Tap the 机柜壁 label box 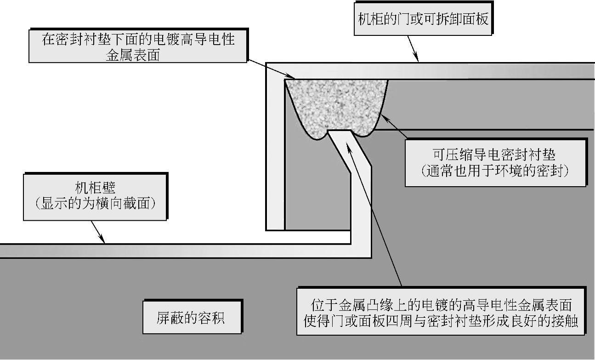[96, 196]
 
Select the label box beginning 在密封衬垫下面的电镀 [138, 46]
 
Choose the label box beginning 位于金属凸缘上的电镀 [441, 312]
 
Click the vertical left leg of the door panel [275, 152]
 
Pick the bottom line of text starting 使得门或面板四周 [441, 320]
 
